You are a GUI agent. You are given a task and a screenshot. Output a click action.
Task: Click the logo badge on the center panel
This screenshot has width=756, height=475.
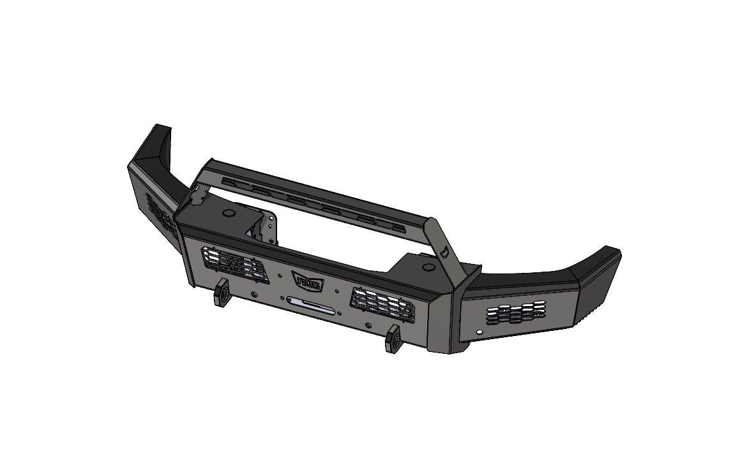pos(308,279)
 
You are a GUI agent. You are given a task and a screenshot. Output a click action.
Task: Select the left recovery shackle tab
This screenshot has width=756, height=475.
pos(222,293)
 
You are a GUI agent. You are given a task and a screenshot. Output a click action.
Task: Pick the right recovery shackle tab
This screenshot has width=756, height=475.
pos(392,339)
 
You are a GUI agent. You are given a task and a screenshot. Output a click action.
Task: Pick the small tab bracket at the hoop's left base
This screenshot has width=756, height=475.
pos(199,196)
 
